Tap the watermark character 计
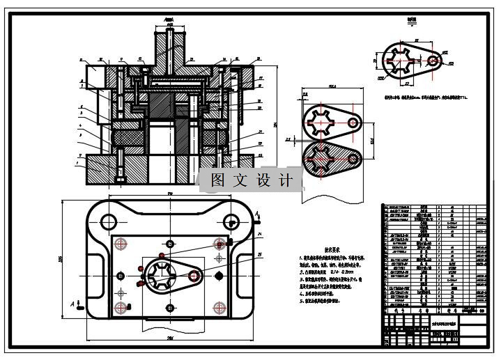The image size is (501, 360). (x=284, y=180)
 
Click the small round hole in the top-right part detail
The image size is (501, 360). (x=433, y=61)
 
